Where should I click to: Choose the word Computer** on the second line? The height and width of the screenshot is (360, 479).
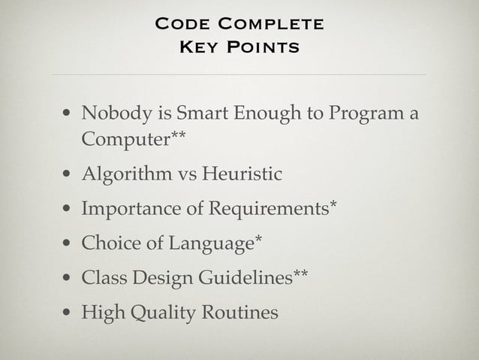134,141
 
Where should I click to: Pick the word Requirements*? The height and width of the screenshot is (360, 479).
269,210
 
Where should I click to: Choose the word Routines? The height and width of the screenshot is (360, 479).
239,312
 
